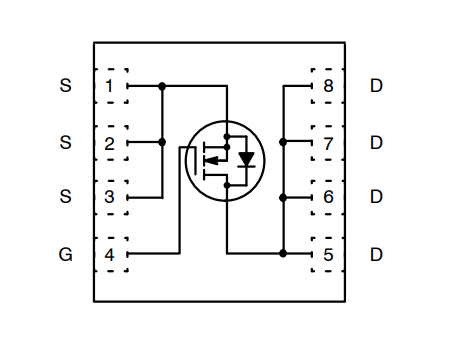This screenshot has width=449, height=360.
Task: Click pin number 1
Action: pos(109,86)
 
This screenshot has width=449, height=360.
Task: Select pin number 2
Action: pos(109,142)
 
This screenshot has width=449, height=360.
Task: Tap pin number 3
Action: pos(109,197)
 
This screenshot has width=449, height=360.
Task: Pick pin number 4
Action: pos(109,254)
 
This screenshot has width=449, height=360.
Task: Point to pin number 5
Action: pos(328,254)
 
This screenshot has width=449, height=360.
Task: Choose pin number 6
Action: pos(328,197)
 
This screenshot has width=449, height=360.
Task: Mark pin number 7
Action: pos(328,142)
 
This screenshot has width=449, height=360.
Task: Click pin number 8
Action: pos(328,86)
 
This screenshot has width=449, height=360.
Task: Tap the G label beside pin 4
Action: pos(66,254)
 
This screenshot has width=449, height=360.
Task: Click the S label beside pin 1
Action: pos(66,86)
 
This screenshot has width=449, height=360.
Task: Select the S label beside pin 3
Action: pos(66,197)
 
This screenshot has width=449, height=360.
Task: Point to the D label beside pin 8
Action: pos(376,86)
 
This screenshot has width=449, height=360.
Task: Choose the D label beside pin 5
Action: pos(376,254)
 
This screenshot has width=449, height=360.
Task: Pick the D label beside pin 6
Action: pos(376,197)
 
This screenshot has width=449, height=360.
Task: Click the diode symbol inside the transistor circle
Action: pos(246,159)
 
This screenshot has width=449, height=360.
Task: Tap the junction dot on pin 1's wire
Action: pos(162,86)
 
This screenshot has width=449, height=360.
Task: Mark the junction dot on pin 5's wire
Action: pos(284,254)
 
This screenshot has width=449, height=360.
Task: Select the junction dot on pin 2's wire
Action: pos(162,142)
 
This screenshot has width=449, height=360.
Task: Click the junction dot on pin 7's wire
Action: pos(284,142)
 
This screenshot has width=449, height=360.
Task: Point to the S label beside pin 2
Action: pos(66,142)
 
